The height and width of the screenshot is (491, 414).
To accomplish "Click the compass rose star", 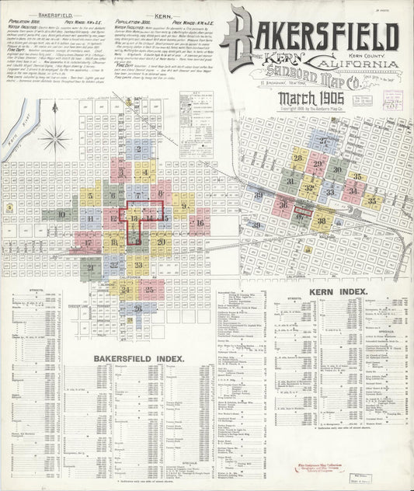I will click(55, 140).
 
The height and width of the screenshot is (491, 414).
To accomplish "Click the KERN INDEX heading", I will click(337, 291).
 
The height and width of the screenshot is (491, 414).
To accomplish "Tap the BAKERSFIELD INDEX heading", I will click(138, 358).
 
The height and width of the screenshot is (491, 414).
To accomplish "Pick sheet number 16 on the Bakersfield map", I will click(199, 223).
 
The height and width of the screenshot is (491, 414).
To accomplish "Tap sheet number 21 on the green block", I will click(91, 267).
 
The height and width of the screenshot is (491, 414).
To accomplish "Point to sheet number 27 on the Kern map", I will click(322, 141).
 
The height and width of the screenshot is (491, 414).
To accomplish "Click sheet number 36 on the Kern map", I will click(283, 204).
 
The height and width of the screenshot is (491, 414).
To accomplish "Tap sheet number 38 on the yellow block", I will click(322, 221).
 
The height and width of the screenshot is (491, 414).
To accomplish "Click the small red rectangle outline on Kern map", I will click(302, 211).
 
